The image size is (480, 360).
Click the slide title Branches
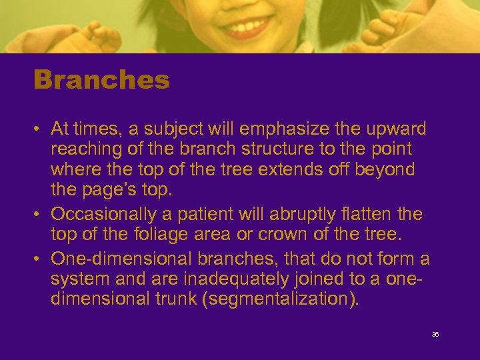coord(101,81)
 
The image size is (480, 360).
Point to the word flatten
coord(374,215)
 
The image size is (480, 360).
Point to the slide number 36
coord(435,335)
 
